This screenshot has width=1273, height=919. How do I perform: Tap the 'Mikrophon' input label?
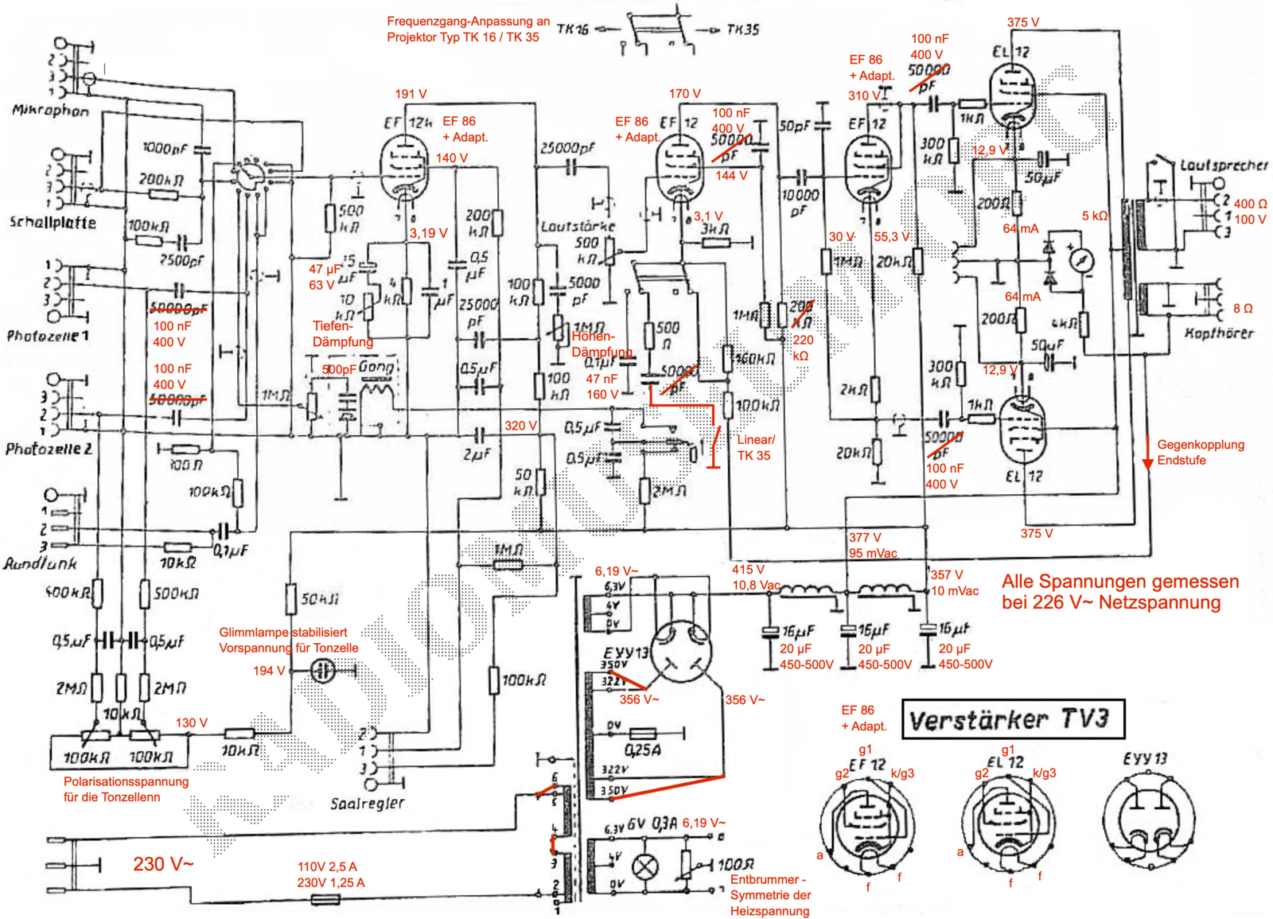coord(50,111)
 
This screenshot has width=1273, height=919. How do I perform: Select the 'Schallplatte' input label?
coord(53,222)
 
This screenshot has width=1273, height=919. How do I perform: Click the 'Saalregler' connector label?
coord(367,803)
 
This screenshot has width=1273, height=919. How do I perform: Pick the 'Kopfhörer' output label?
coord(1218,333)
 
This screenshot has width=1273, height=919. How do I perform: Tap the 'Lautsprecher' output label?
coord(1224,165)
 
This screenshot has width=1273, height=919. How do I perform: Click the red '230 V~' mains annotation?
coord(163,863)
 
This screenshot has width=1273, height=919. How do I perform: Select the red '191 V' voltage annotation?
coord(411,94)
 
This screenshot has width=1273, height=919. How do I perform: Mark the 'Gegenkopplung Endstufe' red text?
coord(1200,452)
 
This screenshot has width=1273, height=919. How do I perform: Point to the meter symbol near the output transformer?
coord(1080,259)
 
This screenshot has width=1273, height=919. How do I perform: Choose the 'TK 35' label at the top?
coord(742,29)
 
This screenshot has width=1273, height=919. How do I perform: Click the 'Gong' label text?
coord(376,368)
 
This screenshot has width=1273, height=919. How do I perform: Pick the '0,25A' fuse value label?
coord(643,750)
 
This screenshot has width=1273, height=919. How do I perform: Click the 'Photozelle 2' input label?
coord(49,449)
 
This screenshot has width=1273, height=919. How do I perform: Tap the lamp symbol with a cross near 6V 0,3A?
coord(644,866)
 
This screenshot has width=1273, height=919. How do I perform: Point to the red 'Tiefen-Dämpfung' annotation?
coord(343,333)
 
